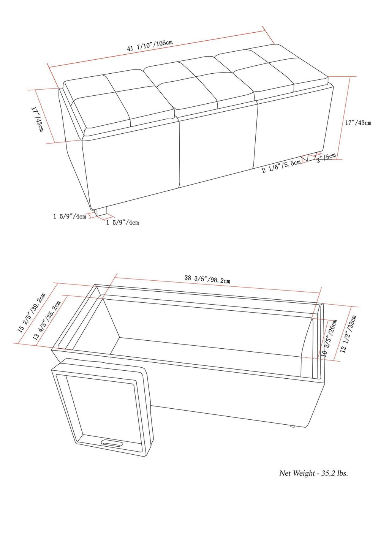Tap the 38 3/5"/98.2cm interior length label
click(x=207, y=279)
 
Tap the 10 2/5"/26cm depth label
click(x=329, y=337)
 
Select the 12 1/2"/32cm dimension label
click(x=349, y=333)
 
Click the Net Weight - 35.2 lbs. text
click(x=313, y=473)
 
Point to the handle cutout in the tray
click(x=112, y=443)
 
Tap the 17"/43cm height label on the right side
click(x=358, y=123)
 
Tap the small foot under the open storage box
click(x=292, y=426)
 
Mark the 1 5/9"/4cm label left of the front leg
click(x=70, y=217)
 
